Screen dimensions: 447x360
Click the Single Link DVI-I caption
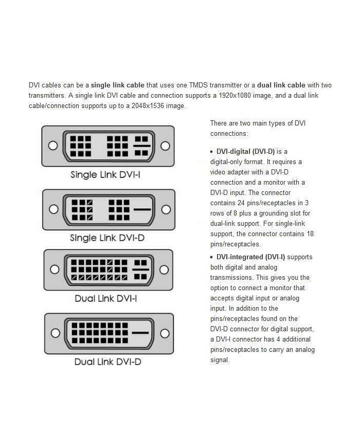coord(105,175)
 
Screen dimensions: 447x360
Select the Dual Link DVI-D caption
coord(107,362)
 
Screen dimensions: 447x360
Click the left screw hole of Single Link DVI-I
coord(52,146)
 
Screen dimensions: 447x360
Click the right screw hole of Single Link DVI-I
coord(165,146)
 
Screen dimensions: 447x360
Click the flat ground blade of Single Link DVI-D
coord(142,210)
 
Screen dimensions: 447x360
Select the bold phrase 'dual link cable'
coord(281,85)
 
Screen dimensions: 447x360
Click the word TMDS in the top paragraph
coord(197,85)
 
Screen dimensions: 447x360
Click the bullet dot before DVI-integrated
coord(212,257)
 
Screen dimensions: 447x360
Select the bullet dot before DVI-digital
coord(212,151)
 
